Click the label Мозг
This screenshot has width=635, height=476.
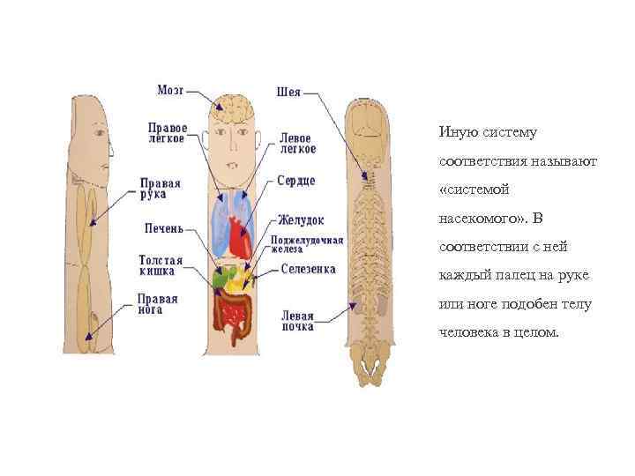[x=171, y=90]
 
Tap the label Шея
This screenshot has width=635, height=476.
[x=288, y=91]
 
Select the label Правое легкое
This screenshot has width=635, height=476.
[x=167, y=132]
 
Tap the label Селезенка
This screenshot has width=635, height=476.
[x=308, y=269]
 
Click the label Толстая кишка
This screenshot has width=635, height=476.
[x=161, y=266]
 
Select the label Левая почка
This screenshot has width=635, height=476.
[x=297, y=320]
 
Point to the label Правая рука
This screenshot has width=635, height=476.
[x=161, y=190]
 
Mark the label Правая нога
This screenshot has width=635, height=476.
[x=158, y=304]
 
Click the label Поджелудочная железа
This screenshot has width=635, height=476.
[x=306, y=243]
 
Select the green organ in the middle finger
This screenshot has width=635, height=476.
[x=222, y=281]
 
